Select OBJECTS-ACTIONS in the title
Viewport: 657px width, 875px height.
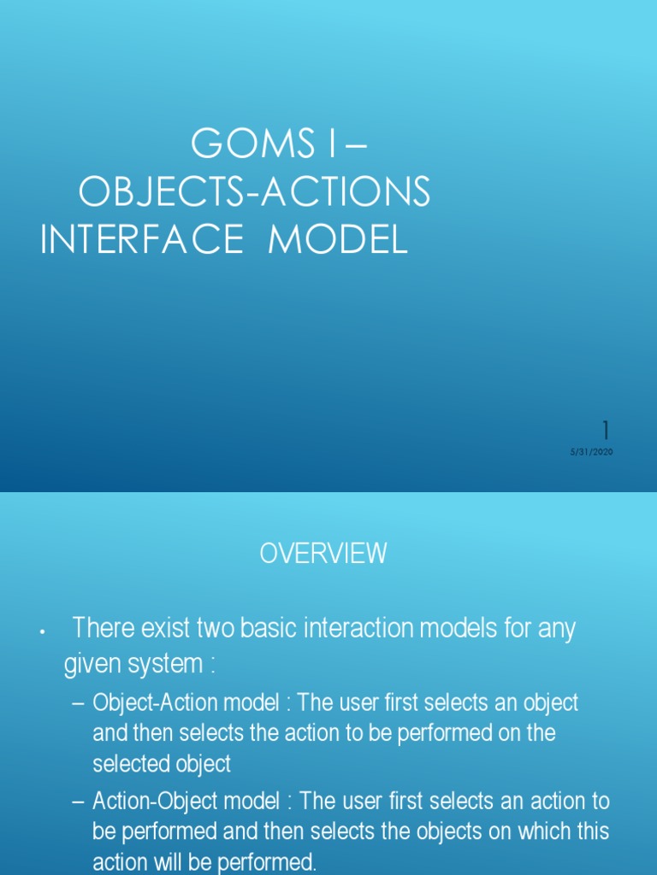pos(254,194)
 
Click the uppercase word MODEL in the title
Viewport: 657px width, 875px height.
pos(338,241)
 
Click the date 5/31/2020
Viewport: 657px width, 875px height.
pos(592,452)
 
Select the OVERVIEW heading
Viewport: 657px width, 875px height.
pos(323,554)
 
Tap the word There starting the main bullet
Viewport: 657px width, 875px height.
pos(102,629)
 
